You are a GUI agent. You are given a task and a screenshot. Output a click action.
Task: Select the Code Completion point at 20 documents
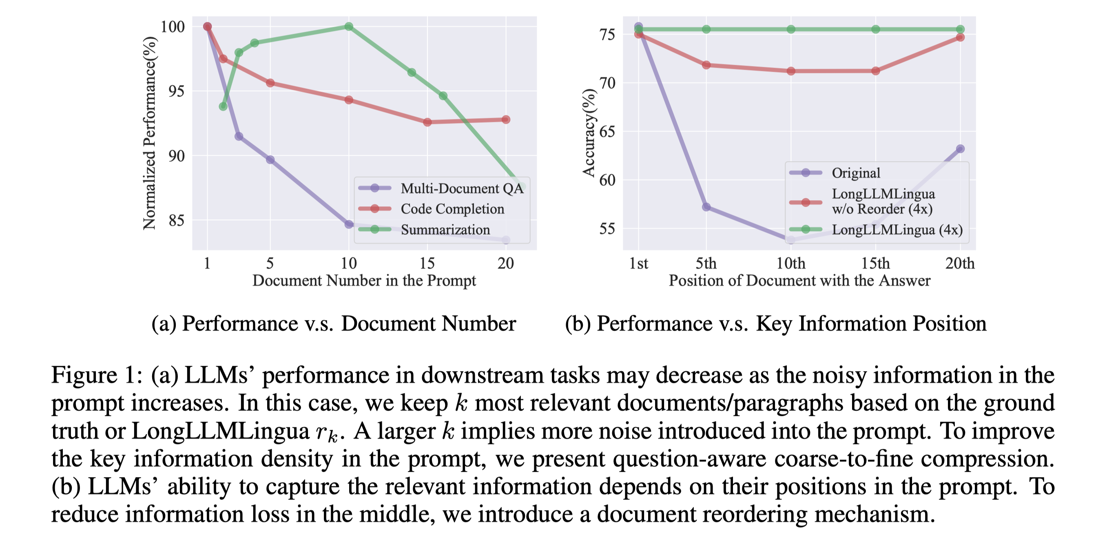pos(506,119)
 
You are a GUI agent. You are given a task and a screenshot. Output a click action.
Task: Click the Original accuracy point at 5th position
pos(706,207)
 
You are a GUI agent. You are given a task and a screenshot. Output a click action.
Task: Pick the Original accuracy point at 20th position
pos(960,149)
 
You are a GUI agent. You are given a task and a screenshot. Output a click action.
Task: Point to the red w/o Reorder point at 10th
pos(791,71)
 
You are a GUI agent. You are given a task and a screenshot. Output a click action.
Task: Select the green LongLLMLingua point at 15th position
pos(875,29)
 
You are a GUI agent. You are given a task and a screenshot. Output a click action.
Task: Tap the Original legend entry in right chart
pos(856,173)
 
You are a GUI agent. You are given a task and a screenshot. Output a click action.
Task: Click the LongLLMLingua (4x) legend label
pos(897,230)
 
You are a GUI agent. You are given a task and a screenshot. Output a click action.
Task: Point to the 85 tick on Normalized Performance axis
pos(177,221)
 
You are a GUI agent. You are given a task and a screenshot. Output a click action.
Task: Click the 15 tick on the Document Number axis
pos(427,263)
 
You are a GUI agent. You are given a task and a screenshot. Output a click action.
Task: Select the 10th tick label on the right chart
pos(791,263)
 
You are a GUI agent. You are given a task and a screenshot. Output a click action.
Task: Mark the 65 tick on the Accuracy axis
pos(607,131)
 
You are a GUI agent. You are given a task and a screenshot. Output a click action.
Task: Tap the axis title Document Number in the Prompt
pos(364,281)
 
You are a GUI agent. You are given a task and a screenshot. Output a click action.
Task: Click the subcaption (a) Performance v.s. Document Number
pos(334,324)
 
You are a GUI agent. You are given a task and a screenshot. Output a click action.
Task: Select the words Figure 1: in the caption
pos(97,375)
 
